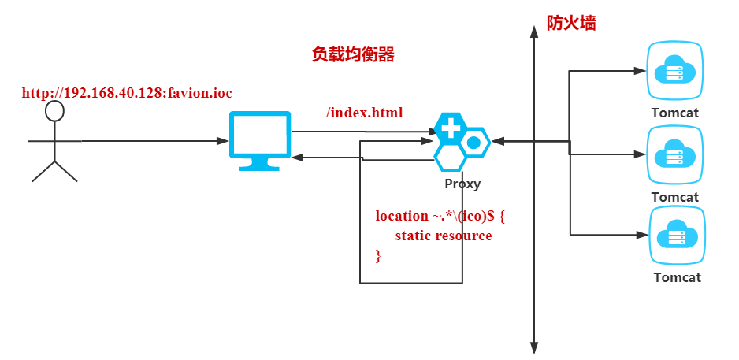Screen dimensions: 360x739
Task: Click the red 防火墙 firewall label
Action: [571, 23]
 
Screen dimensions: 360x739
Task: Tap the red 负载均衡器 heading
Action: [353, 54]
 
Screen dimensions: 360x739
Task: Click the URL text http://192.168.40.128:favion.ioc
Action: [127, 93]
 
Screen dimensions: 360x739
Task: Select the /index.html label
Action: [365, 113]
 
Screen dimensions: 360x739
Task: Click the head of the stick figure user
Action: [54, 111]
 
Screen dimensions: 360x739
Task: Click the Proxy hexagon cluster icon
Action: [461, 142]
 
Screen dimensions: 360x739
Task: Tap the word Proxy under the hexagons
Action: [462, 184]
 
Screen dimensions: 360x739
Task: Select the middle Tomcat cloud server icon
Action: [674, 155]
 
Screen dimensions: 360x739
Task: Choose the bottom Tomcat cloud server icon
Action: [674, 236]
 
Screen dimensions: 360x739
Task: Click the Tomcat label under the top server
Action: [675, 113]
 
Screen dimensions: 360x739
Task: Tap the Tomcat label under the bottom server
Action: [677, 277]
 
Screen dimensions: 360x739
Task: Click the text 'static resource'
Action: [444, 236]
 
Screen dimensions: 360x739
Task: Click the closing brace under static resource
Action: [378, 254]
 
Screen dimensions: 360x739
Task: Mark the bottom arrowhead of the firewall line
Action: [534, 347]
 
